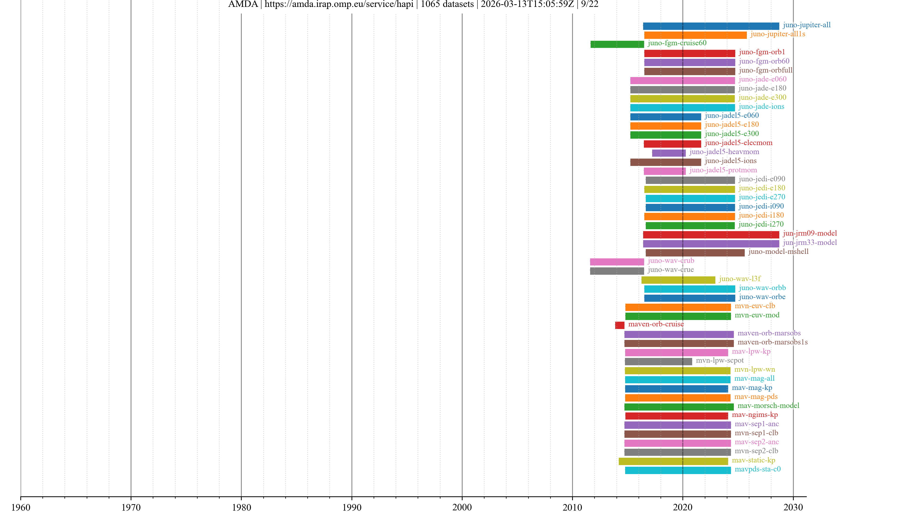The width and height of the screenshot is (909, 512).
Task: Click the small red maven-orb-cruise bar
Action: [x=620, y=325]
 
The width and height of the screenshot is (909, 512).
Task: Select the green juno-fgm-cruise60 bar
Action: [x=617, y=44]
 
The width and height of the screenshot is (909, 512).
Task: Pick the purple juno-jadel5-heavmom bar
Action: [x=669, y=153]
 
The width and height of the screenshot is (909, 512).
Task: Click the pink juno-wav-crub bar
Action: [x=617, y=262]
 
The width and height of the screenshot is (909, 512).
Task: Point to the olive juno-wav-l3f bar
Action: [x=678, y=280]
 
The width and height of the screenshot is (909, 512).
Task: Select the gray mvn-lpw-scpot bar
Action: [x=659, y=361]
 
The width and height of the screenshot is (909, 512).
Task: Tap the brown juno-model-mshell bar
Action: [x=695, y=253]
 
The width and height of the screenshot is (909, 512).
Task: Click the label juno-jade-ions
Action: [x=762, y=106]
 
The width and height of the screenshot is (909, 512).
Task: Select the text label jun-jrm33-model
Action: [x=810, y=242]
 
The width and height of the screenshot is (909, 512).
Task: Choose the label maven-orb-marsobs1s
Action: [x=772, y=342]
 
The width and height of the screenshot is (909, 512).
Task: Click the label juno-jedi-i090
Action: [x=761, y=206]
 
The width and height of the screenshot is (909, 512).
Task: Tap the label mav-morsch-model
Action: [x=768, y=406]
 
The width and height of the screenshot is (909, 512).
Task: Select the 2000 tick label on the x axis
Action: [x=462, y=507]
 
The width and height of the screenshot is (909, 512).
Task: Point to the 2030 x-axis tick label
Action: [x=793, y=507]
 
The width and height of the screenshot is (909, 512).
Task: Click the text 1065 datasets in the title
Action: [x=447, y=4]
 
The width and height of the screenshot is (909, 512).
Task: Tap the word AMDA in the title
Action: [x=243, y=4]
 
